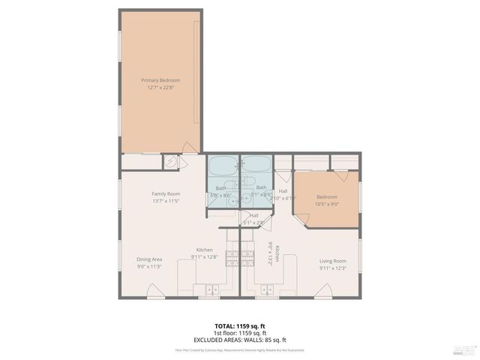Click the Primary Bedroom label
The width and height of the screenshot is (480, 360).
coord(160,80)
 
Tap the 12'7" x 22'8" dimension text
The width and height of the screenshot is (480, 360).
coord(160,88)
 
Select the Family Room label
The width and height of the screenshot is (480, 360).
coord(166,193)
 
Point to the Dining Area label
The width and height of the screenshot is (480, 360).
coord(149,259)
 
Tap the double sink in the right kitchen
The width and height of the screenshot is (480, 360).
coord(268,289)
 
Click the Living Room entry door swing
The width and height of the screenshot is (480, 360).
coord(324,290)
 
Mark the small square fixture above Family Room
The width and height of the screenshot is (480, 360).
coord(172,161)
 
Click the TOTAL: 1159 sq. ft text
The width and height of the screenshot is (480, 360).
coord(239,326)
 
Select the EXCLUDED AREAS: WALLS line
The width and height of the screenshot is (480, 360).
coord(239,340)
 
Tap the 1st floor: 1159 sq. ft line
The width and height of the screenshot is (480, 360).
coord(239,333)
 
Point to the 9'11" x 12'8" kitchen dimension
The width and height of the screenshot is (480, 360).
coord(205,257)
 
